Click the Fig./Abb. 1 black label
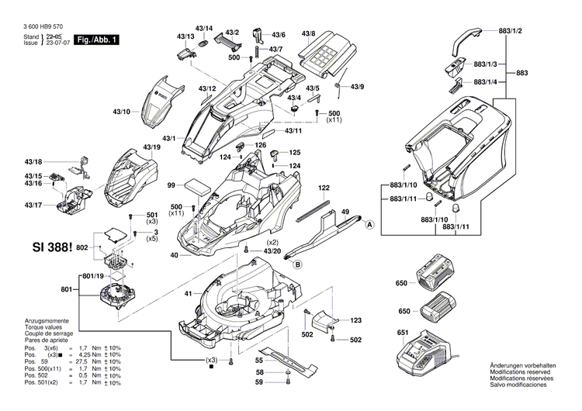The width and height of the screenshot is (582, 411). point(95,39)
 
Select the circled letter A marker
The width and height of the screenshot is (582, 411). point(369,224)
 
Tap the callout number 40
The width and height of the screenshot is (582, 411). point(175,255)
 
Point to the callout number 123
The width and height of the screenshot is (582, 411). point(355,319)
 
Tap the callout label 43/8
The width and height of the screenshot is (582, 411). point(308,33)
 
